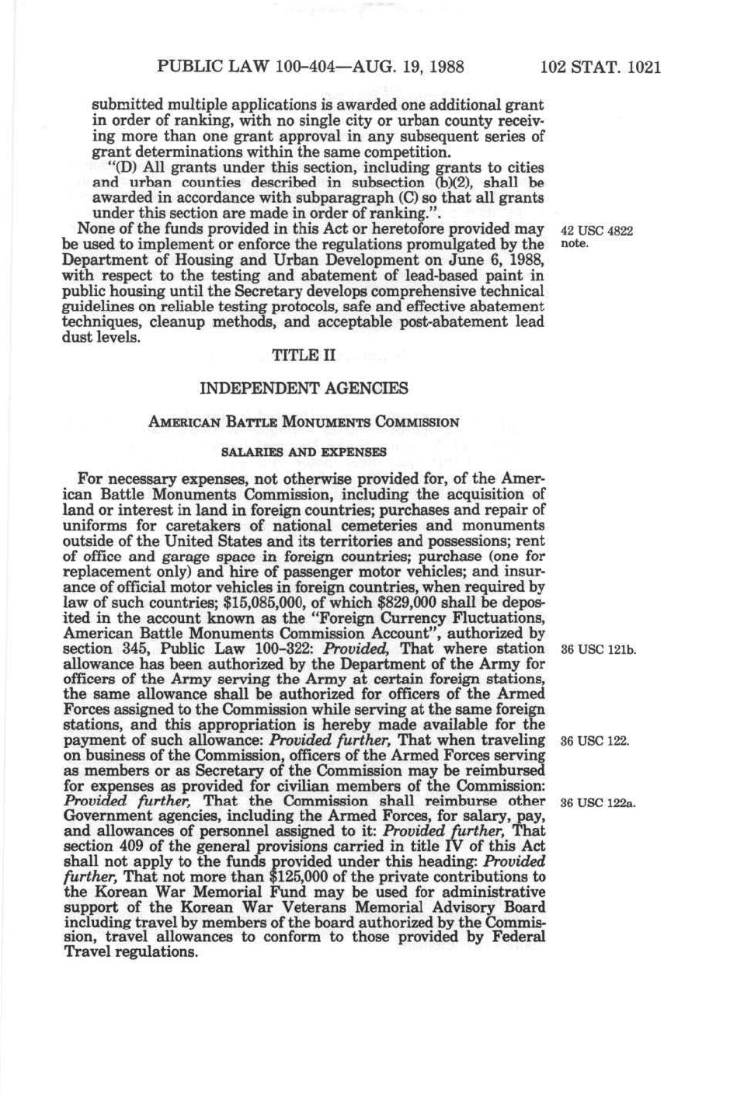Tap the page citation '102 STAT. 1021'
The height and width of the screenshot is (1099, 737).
point(600,67)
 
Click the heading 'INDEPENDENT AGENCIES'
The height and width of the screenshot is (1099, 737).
point(304,388)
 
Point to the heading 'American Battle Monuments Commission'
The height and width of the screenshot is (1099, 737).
point(304,423)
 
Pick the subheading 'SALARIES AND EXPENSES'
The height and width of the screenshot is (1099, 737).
point(304,451)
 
